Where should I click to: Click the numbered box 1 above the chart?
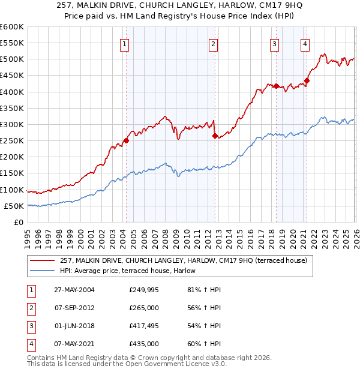click(124, 43)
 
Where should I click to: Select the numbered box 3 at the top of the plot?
click(274, 43)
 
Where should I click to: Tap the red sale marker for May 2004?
click(126, 141)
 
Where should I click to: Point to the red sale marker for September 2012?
click(214, 136)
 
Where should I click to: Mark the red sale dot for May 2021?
click(306, 80)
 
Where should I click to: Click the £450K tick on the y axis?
click(11, 76)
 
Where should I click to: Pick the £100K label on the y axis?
click(11, 190)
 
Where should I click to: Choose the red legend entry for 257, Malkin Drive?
click(184, 260)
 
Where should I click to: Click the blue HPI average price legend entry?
click(132, 271)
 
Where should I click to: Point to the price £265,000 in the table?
click(144, 308)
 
